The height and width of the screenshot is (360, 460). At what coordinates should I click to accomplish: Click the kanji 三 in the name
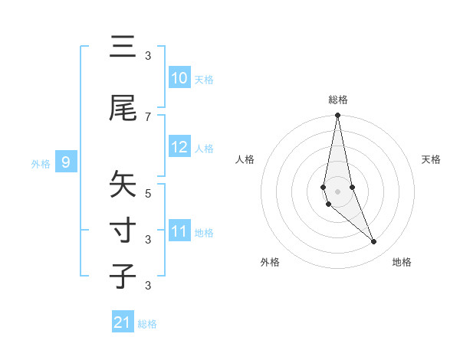123,47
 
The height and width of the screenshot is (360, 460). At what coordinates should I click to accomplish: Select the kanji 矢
123,185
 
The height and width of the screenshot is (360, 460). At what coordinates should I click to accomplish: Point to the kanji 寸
123,231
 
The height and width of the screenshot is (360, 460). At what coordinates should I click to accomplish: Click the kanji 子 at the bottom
123,277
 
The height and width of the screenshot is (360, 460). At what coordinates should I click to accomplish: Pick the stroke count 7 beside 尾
148,116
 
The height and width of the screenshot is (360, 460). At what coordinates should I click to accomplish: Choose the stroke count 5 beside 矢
148,193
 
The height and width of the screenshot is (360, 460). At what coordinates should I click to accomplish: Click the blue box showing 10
179,78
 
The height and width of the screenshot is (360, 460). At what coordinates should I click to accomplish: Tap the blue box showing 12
179,147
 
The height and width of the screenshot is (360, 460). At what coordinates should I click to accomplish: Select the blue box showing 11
179,231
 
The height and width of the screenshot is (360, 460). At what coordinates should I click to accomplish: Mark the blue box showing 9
67,162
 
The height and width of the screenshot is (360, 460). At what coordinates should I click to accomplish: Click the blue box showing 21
123,322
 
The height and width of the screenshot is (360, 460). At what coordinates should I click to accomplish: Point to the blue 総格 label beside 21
147,324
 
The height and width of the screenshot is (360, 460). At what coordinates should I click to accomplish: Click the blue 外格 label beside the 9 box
40,163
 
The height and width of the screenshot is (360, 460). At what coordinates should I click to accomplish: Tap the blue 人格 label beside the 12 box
204,148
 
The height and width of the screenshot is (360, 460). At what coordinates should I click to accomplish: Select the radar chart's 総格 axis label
338,100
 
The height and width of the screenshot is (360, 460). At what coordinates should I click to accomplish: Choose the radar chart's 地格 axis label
402,262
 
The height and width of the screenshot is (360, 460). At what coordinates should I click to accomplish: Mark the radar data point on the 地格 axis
374,241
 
